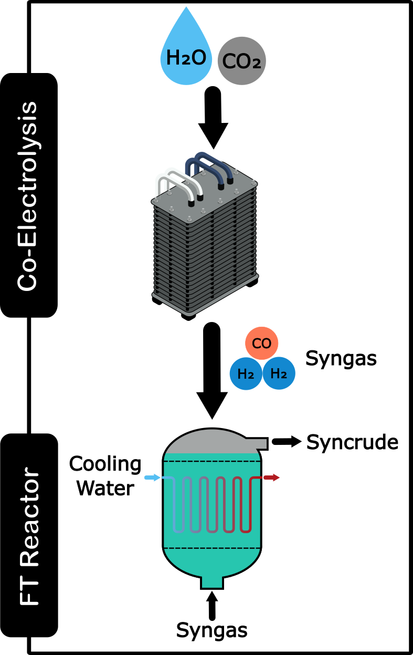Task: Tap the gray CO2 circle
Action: pyautogui.click(x=242, y=61)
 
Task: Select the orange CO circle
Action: pyautogui.click(x=261, y=344)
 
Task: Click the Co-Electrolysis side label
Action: pyautogui.click(x=28, y=195)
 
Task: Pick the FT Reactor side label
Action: pyautogui.click(x=28, y=534)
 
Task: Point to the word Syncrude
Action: pyautogui.click(x=352, y=443)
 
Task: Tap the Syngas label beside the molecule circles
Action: pyautogui.click(x=341, y=359)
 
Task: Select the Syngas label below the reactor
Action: pyautogui.click(x=211, y=630)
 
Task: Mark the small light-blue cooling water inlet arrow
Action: pyautogui.click(x=151, y=478)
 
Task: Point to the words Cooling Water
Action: pyautogui.click(x=105, y=476)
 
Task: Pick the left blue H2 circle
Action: pyautogui.click(x=246, y=374)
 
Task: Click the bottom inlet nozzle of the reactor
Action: pyautogui.click(x=212, y=580)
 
